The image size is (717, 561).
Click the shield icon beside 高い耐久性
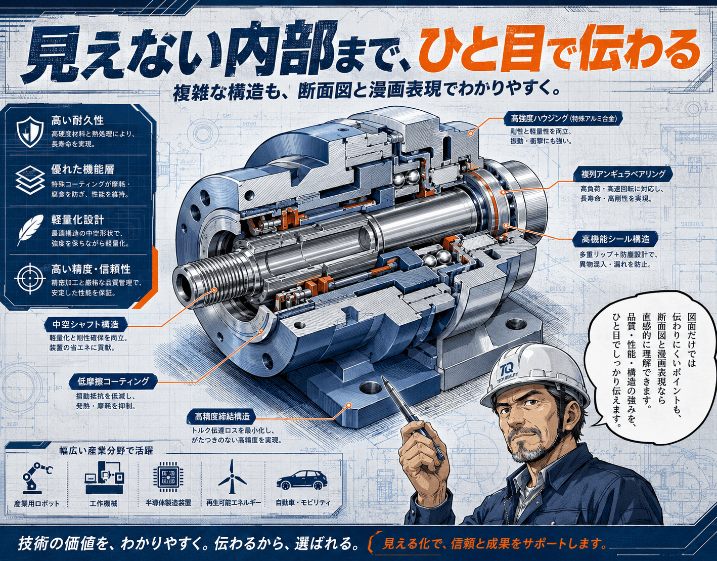coord(30,132)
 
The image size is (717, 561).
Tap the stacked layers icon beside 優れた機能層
coord(30,180)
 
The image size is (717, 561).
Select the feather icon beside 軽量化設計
coord(30,230)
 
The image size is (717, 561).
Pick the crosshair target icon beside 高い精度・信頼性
coord(30,278)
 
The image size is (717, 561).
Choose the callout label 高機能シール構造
coord(616,239)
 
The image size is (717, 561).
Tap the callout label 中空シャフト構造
coord(85,325)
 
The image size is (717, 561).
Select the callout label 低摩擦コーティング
coord(113,381)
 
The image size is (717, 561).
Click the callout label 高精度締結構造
coord(222,416)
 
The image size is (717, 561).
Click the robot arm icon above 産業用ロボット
coord(36,477)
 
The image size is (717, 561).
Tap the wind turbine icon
coord(232,477)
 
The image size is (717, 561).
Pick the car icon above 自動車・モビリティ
coord(302,480)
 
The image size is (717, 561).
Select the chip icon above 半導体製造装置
coord(168,477)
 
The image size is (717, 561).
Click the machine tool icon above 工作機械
coord(104,477)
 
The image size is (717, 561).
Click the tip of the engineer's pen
coord(383,377)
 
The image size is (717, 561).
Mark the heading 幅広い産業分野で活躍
coord(106,450)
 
